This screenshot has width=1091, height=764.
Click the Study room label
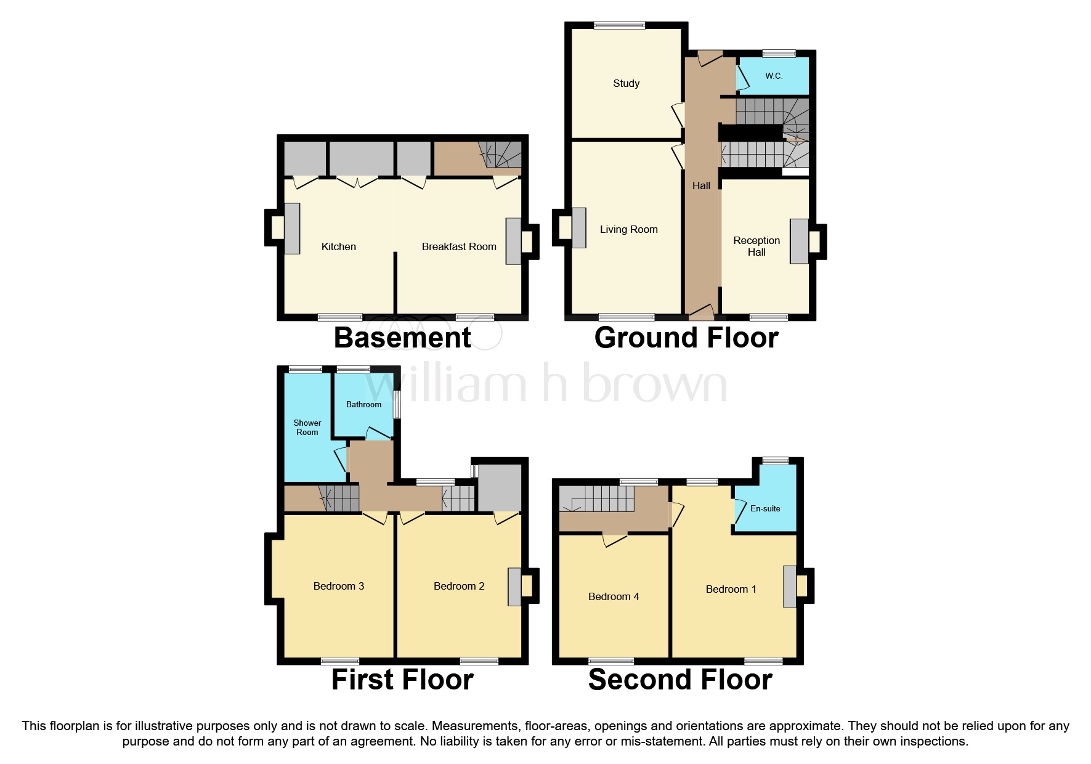tap(626, 83)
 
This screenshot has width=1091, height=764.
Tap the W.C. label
tap(774, 76)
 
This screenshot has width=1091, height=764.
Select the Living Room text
tap(628, 229)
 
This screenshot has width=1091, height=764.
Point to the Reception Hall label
tap(756, 246)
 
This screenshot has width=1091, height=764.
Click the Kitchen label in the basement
tap(338, 246)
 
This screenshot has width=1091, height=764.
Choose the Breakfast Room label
tap(458, 246)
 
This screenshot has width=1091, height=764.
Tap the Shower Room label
tap(307, 427)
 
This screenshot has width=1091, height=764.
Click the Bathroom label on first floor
tap(363, 404)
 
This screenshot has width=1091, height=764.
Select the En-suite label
tap(765, 508)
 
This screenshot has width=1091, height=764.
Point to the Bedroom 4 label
tap(613, 596)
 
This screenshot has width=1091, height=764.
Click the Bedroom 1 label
tap(731, 589)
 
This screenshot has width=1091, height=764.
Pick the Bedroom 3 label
tap(338, 586)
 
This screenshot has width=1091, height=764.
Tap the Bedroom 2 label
tap(458, 586)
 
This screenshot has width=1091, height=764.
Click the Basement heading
tap(402, 338)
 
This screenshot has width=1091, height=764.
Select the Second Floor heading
tap(679, 680)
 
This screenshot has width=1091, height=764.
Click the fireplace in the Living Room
tap(578, 228)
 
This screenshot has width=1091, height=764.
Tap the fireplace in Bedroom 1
tap(790, 586)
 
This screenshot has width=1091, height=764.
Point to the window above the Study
tap(619, 25)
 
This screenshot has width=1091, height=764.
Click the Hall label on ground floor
tap(701, 185)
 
